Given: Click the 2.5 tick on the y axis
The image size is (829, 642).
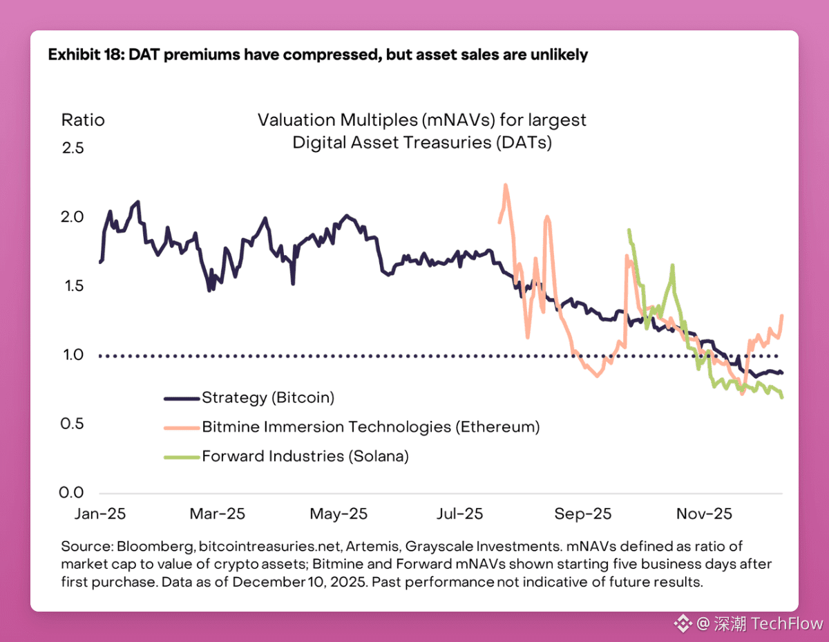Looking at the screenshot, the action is pyautogui.click(x=73, y=148).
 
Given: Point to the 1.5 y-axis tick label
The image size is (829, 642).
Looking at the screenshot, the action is pyautogui.click(x=74, y=285).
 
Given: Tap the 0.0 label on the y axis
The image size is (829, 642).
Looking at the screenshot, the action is pyautogui.click(x=71, y=493).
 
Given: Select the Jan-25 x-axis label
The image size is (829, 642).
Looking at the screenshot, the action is pyautogui.click(x=100, y=514).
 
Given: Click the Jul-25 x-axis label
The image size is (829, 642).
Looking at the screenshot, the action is pyautogui.click(x=459, y=514).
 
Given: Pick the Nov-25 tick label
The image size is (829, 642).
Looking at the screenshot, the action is pyautogui.click(x=704, y=514).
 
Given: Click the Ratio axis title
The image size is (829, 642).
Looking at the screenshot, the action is pyautogui.click(x=83, y=120).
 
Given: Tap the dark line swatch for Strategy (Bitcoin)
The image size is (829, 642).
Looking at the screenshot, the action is pyautogui.click(x=182, y=399).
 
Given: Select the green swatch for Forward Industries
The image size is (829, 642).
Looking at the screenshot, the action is pyautogui.click(x=182, y=457).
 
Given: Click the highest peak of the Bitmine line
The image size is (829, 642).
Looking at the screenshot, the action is pyautogui.click(x=506, y=185).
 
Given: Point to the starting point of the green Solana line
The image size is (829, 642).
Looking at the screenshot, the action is pyautogui.click(x=629, y=230).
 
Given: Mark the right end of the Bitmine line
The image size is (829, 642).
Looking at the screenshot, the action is pyautogui.click(x=781, y=315).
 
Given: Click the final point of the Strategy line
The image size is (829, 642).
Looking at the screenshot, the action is pyautogui.click(x=782, y=372).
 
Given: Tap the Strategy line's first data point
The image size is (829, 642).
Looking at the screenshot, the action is pyautogui.click(x=100, y=262).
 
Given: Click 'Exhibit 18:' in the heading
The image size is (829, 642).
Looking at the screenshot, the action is pyautogui.click(x=86, y=55).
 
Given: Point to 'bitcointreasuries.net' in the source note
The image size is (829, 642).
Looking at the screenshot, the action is pyautogui.click(x=269, y=546).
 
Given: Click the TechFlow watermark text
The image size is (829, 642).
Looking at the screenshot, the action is pyautogui.click(x=787, y=624).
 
